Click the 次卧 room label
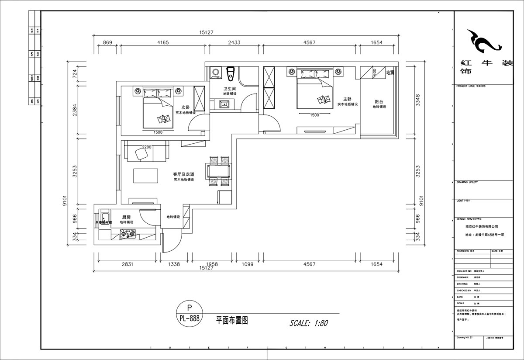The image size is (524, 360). click(185, 107)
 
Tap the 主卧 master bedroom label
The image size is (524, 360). click(347, 99)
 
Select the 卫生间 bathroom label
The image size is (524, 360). click(229, 89)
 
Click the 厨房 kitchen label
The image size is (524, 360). click(126, 217)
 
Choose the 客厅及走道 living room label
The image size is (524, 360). click(183, 174)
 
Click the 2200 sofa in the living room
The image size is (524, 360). click(146, 152)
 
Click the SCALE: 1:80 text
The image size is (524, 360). click(309, 324)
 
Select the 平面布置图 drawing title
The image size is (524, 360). click(232, 320)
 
